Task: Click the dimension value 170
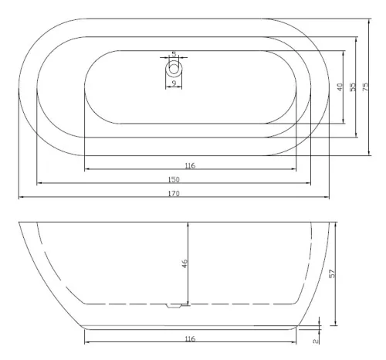(174, 193)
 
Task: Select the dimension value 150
(174, 179)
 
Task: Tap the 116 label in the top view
(190, 165)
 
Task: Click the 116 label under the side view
(190, 338)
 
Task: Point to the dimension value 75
(365, 87)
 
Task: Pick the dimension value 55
(353, 87)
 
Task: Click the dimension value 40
(340, 87)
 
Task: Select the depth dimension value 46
(185, 263)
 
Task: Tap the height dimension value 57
(332, 273)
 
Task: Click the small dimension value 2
(316, 341)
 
